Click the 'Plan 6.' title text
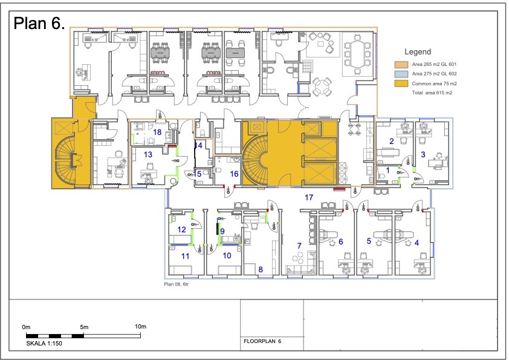pyautogui.click(x=39, y=24)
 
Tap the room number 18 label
pyautogui.click(x=157, y=133)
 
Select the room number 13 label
pyautogui.click(x=148, y=155)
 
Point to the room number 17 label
pyautogui.click(x=309, y=197)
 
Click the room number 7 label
pyautogui.click(x=299, y=246)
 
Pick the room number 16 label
pyautogui.click(x=235, y=174)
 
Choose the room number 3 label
pyautogui.click(x=423, y=155)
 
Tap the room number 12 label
pyautogui.click(x=181, y=230)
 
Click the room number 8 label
pyautogui.click(x=261, y=269)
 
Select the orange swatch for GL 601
pyautogui.click(x=401, y=64)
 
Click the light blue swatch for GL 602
pyautogui.click(x=401, y=74)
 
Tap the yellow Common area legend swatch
pyautogui.click(x=401, y=83)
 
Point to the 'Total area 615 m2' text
pyautogui.click(x=432, y=93)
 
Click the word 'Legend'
pyautogui.click(x=418, y=51)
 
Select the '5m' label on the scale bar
pyautogui.click(x=84, y=327)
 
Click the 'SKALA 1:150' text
pyautogui.click(x=44, y=344)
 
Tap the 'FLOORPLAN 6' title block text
pyautogui.click(x=262, y=341)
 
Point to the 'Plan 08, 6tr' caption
pyautogui.click(x=177, y=284)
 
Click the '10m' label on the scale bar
pyautogui.click(x=141, y=327)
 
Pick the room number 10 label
pyautogui.click(x=227, y=256)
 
